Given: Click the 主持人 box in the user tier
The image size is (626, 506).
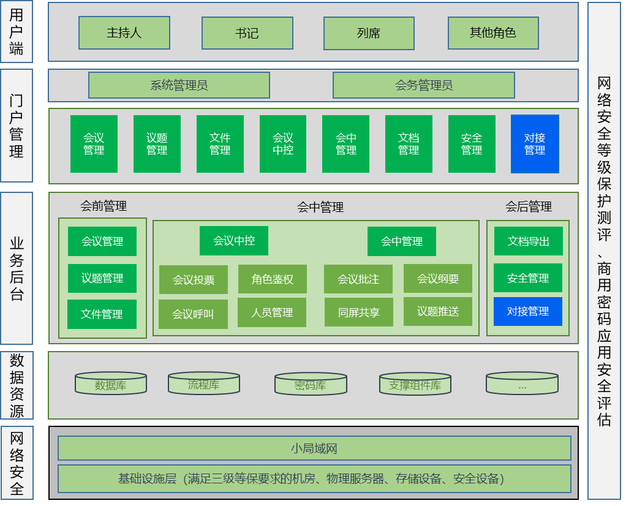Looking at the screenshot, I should click(x=124, y=33).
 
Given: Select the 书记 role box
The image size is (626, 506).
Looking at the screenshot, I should click(x=247, y=33).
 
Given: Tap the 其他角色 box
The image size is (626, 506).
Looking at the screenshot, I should click(x=493, y=33).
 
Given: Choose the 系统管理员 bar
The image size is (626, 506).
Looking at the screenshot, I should click(x=179, y=85).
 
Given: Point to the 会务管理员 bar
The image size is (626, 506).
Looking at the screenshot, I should click(x=424, y=85).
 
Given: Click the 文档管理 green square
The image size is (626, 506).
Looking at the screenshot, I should click(x=409, y=144).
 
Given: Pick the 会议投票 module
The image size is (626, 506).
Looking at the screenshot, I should click(x=194, y=280).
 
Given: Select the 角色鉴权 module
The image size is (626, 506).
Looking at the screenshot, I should click(x=272, y=279).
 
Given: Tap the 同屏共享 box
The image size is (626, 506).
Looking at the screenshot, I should click(x=358, y=312).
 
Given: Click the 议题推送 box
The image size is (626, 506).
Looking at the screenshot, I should click(x=438, y=311).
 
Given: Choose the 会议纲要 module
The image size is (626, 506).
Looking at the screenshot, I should click(x=438, y=279).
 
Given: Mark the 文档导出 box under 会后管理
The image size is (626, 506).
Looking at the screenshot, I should click(x=528, y=241).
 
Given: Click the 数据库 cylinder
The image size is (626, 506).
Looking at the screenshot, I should click(x=111, y=384).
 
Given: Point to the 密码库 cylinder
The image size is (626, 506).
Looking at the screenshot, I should click(x=311, y=384).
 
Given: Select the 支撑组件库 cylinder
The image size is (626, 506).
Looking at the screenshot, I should click(x=415, y=384).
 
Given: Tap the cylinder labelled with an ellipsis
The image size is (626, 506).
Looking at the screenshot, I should click(x=522, y=384).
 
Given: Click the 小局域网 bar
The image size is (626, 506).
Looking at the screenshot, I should click(x=314, y=448).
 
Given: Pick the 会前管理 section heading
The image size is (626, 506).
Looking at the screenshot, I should click(x=104, y=206).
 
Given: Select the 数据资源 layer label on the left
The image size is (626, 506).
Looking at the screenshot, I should click(x=17, y=385).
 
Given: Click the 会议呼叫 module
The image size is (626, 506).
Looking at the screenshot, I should click(x=193, y=314).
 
